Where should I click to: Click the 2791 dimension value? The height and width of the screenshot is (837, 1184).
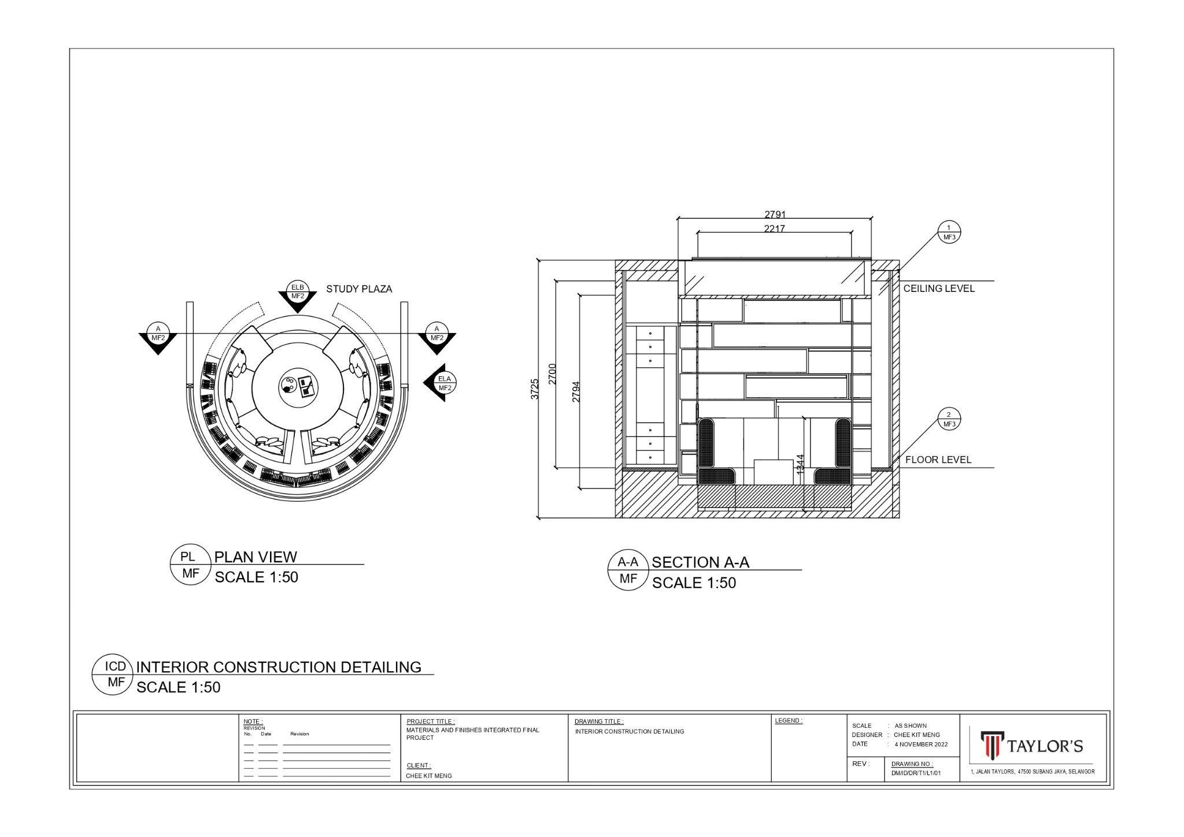pos(775,214)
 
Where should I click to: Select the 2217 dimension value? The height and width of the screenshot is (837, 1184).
pos(774,228)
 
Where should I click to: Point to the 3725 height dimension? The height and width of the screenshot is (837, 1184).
pos(535,389)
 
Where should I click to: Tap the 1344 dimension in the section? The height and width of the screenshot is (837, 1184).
pos(800,465)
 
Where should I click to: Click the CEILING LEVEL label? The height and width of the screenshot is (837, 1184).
pos(939,288)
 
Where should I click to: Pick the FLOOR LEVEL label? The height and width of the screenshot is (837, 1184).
pos(938,460)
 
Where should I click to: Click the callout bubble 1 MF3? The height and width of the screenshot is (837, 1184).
pos(949,232)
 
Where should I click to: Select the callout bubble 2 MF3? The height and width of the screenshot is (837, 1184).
pos(949,419)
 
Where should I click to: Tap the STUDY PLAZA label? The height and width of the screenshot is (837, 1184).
pos(359,289)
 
